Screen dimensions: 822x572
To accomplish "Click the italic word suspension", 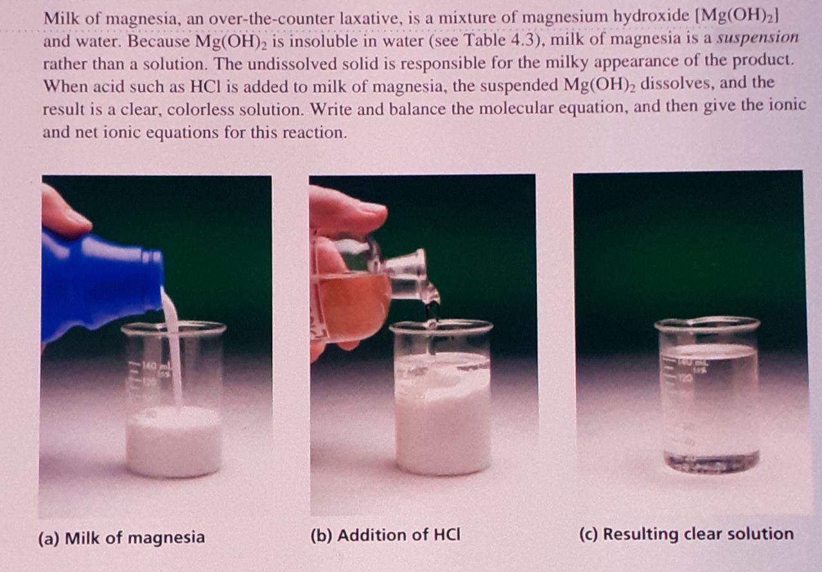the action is pos(757,38).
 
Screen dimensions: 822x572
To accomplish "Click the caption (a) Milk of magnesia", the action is pos(121,538).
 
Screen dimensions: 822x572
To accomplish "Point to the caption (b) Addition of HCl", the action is pos(385,535).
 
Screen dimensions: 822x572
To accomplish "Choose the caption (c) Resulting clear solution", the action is pos(686,534).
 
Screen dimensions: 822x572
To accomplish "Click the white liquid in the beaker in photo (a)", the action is pos(173,440).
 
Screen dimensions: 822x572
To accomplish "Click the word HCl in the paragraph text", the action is pos(206,87).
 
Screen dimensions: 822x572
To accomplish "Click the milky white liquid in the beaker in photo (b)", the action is pos(443,415).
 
